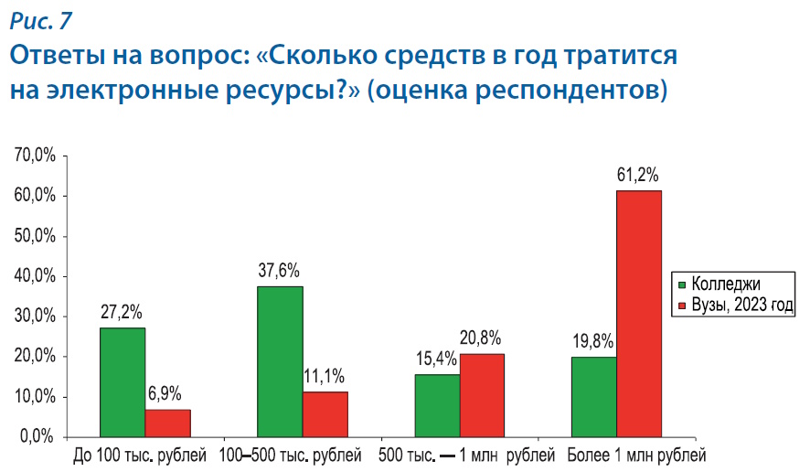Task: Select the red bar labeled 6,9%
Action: coord(167,423)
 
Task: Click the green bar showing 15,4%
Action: coord(437,405)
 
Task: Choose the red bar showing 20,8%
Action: coord(482,394)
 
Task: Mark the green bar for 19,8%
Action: coord(593,397)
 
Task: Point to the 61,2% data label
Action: coord(638,175)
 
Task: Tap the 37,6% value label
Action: coord(280,271)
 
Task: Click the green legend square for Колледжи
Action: coord(680,284)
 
